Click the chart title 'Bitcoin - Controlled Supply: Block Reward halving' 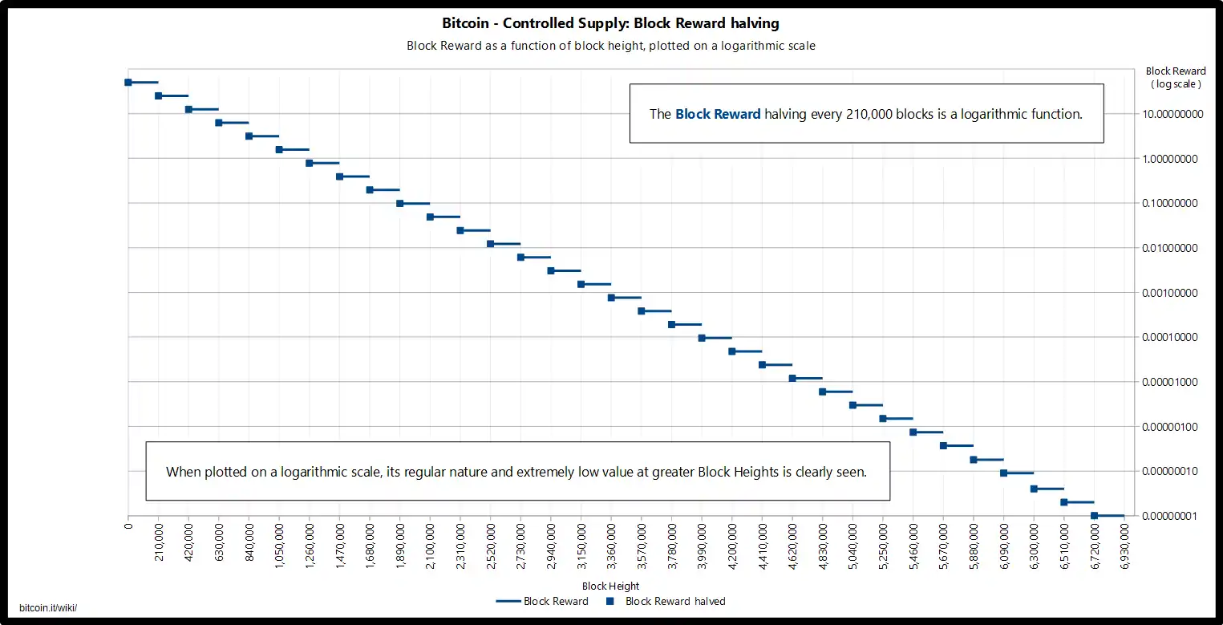(x=610, y=24)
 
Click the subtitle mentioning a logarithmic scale (x=610, y=46)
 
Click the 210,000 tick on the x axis (x=159, y=544)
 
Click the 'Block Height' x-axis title (x=610, y=586)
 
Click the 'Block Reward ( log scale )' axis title (x=1176, y=77)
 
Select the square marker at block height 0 (x=128, y=82)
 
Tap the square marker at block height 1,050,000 (x=279, y=149)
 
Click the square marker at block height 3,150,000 (x=581, y=284)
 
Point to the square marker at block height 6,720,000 (x=1095, y=516)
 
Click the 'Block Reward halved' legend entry (x=674, y=601)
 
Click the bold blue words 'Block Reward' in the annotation (x=718, y=114)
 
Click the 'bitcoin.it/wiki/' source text (x=48, y=608)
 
